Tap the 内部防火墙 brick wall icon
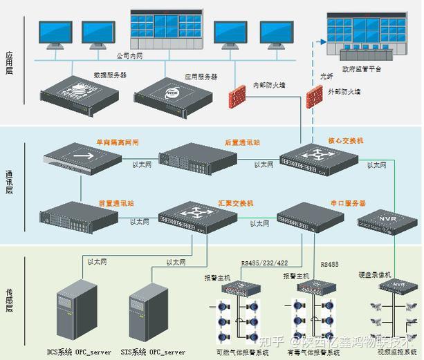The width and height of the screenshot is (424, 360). pos(236,92)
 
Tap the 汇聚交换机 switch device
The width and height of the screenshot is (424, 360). pos(198,218)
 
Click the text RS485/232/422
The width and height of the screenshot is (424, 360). pos(264,263)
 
